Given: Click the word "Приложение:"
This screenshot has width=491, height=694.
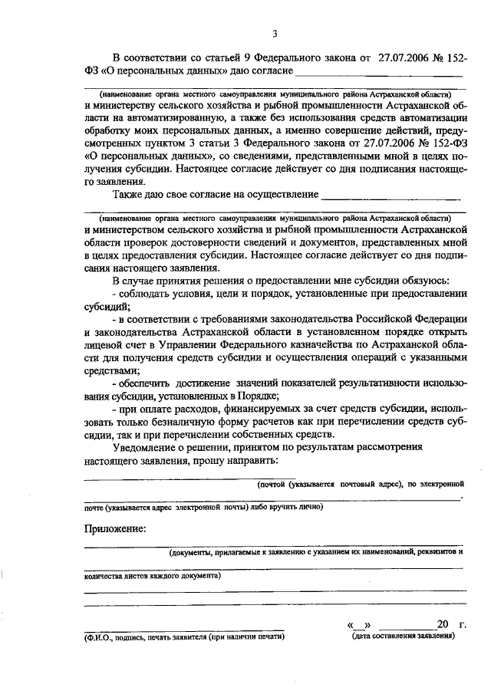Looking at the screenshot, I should click(x=114, y=528).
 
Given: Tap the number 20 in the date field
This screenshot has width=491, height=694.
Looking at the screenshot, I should click(x=442, y=625).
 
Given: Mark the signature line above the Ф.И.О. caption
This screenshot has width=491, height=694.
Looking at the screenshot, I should click(x=184, y=630).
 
